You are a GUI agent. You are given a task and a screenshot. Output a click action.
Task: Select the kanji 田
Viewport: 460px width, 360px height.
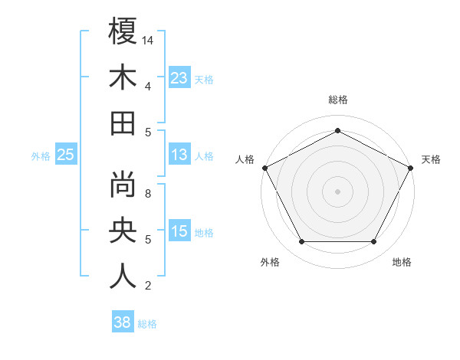tap(123, 123)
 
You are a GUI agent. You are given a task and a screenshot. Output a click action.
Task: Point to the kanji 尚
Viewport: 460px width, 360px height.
tap(123, 184)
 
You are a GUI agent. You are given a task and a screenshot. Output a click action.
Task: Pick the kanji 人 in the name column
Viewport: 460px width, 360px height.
tap(123, 276)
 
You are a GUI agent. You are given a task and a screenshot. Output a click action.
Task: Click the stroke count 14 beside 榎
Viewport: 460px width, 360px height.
tap(148, 40)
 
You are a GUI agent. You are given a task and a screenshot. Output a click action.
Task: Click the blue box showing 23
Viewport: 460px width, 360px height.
tap(179, 77)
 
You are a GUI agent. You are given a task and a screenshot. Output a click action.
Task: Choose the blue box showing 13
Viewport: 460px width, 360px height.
tap(179, 155)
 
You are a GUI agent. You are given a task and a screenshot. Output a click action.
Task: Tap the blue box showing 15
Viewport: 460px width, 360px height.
tap(179, 232)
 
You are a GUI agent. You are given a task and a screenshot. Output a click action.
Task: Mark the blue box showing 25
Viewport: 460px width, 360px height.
tap(65, 155)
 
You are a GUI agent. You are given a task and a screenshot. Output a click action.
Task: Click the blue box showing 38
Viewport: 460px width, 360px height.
tap(122, 322)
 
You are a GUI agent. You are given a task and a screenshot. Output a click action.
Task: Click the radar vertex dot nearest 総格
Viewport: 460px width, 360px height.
tap(337, 129)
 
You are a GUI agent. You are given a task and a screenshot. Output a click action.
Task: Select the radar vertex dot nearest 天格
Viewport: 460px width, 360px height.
tap(411, 168)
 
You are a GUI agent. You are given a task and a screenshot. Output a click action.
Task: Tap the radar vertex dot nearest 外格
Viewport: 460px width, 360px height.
tap(301, 242)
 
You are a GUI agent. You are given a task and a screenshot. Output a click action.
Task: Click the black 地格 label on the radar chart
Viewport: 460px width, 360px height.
tap(402, 263)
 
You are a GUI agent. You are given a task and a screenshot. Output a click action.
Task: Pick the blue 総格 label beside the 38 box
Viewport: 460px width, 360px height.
tap(147, 324)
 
